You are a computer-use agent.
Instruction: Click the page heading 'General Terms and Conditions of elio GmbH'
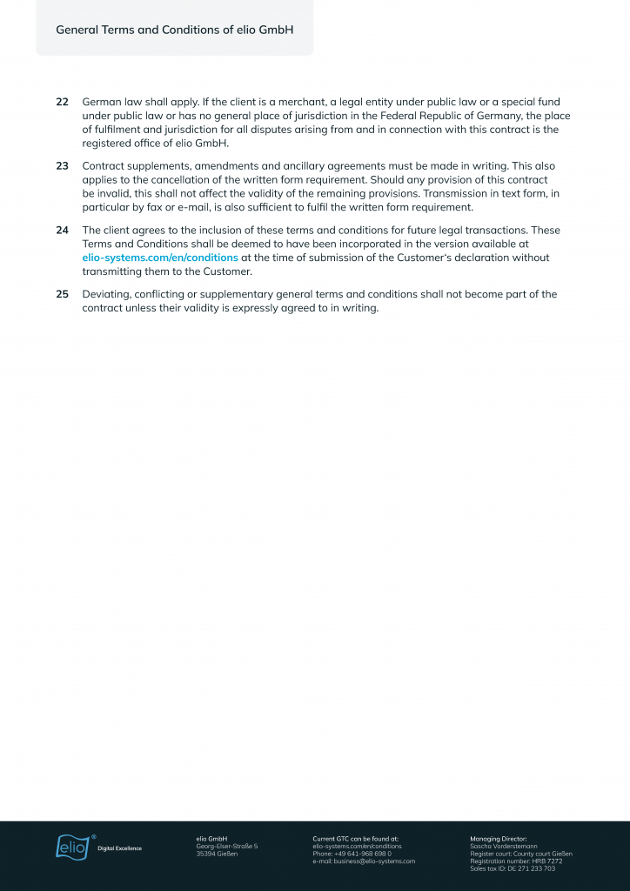pos(174,30)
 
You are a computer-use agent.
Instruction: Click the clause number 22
pos(62,102)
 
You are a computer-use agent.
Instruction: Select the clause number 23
pos(62,166)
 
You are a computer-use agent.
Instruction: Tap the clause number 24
pos(62,231)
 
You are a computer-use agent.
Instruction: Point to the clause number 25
pos(62,295)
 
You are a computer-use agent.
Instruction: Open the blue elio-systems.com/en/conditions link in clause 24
pos(160,258)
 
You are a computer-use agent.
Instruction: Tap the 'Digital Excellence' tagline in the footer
pos(119,848)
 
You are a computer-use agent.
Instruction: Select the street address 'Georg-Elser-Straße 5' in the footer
pos(227,846)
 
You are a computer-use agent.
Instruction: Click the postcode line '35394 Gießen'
pos(217,854)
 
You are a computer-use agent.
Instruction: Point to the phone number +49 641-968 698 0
pos(352,854)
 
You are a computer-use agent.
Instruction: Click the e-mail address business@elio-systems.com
pos(364,861)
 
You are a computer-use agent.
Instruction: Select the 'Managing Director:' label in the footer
pos(498,838)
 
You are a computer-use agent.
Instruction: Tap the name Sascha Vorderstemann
pos(504,846)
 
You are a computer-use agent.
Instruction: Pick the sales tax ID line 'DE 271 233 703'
pos(513,868)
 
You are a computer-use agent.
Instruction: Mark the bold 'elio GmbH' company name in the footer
pos(211,838)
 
